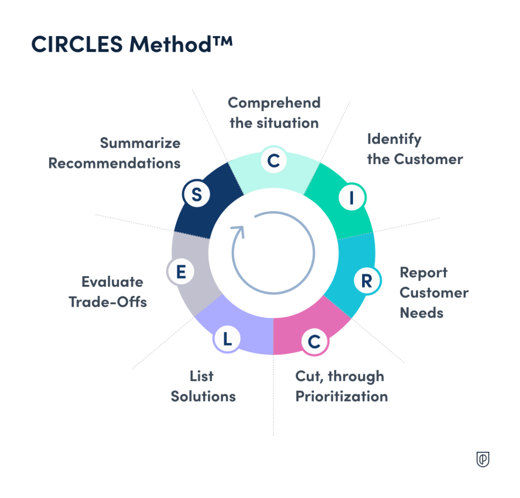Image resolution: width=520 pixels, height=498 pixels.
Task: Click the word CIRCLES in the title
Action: [77, 45]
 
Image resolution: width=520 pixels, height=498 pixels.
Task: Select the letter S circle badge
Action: [197, 195]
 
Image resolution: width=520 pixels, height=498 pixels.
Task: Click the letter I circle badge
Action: [350, 199]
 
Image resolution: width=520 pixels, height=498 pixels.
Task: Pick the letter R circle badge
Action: [366, 281]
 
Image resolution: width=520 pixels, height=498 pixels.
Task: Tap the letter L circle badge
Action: [227, 339]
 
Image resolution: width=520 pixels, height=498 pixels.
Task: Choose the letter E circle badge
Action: [180, 272]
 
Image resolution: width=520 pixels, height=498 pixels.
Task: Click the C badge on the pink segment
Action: [314, 342]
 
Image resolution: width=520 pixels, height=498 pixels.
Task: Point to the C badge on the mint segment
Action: [273, 160]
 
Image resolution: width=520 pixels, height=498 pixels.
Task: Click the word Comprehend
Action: [274, 103]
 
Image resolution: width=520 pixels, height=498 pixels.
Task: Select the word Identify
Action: [394, 139]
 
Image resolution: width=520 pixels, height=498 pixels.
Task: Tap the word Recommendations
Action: [114, 163]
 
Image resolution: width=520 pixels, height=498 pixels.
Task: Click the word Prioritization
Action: [341, 396]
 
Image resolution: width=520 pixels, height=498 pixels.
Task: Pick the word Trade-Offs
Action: [108, 302]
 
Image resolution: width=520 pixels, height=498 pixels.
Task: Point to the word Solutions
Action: [203, 396]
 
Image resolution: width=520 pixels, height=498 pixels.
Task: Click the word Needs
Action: [421, 313]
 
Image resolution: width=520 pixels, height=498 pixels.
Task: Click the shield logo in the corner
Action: [483, 459]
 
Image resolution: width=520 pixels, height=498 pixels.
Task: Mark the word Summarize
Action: [140, 143]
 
